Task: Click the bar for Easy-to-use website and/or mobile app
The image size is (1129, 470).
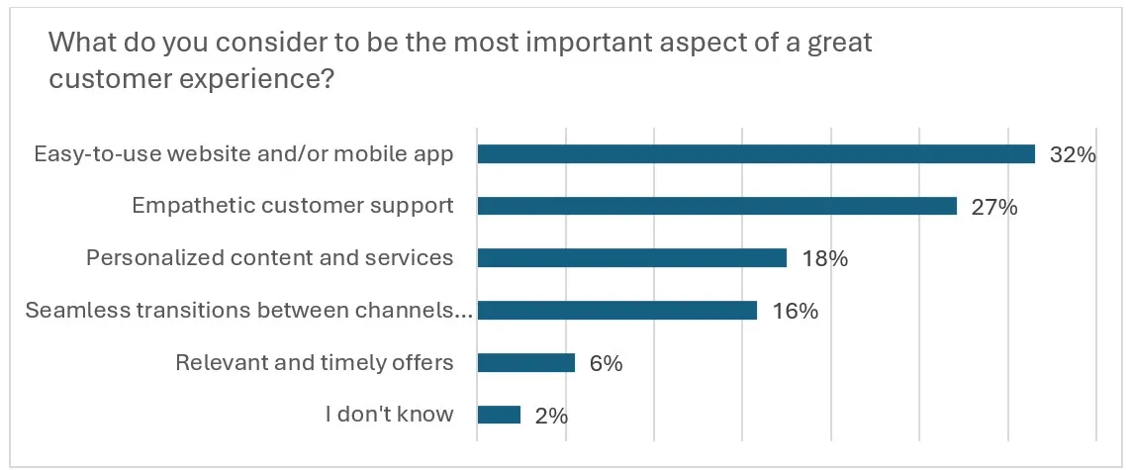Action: (756, 154)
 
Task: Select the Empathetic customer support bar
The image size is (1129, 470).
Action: (716, 206)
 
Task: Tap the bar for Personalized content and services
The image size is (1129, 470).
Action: (631, 258)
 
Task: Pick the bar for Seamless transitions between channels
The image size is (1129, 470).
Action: (616, 311)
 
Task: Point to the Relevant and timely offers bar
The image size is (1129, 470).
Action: (525, 363)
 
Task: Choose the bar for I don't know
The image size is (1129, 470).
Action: (499, 416)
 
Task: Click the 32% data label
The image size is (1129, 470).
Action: (1073, 155)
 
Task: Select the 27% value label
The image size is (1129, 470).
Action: (993, 207)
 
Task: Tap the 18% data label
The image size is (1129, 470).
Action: (823, 259)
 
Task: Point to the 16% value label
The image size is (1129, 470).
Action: (794, 312)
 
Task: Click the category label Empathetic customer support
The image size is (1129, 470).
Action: (293, 206)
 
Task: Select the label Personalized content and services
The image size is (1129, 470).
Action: (269, 258)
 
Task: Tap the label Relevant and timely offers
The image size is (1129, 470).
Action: (314, 363)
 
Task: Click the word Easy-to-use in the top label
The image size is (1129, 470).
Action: (90, 154)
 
